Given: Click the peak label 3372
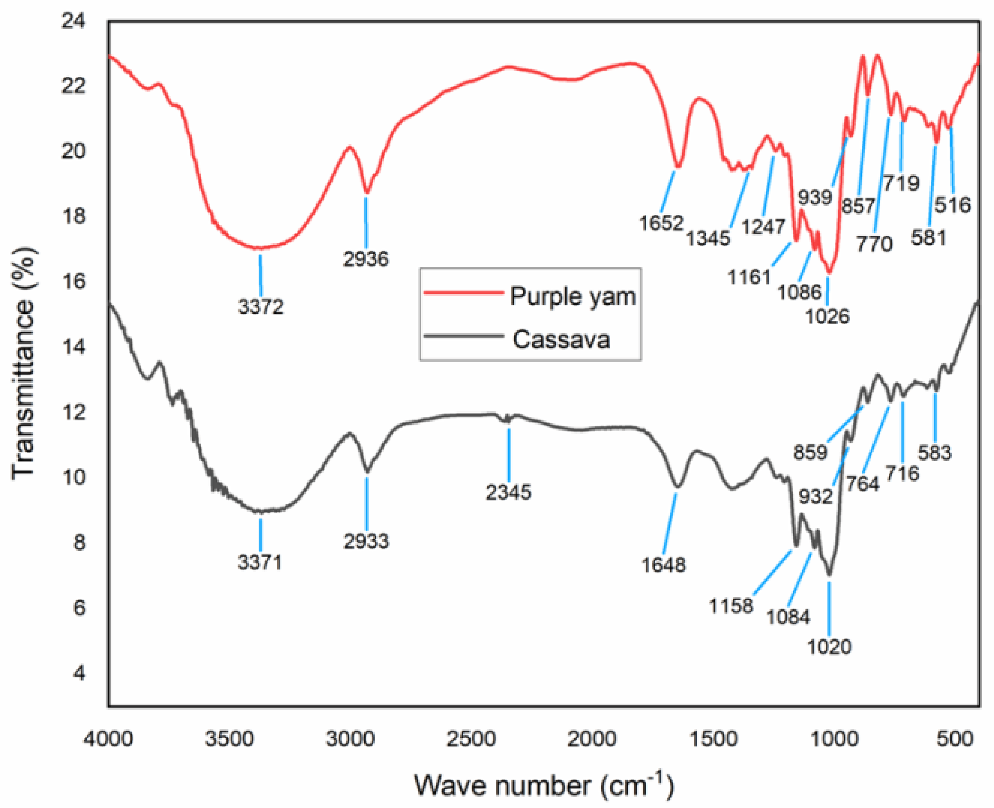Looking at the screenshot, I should [261, 307].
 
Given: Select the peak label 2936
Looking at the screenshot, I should [366, 259].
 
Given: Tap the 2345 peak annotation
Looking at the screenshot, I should [509, 492].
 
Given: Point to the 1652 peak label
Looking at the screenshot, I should [661, 223].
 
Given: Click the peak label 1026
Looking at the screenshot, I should [827, 316].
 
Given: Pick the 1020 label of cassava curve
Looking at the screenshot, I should [829, 647].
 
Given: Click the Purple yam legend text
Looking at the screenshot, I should [573, 296].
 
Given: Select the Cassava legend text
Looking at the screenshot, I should [561, 339].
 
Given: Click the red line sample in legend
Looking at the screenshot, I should [464, 293].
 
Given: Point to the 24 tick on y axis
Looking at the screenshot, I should [74, 21].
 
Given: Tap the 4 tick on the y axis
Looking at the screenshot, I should [80, 673].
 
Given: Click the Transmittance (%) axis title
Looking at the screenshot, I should [23, 363].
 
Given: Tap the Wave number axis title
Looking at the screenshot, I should [544, 787].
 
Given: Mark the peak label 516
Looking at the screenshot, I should [953, 205].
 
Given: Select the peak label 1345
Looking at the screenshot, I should [708, 238].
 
